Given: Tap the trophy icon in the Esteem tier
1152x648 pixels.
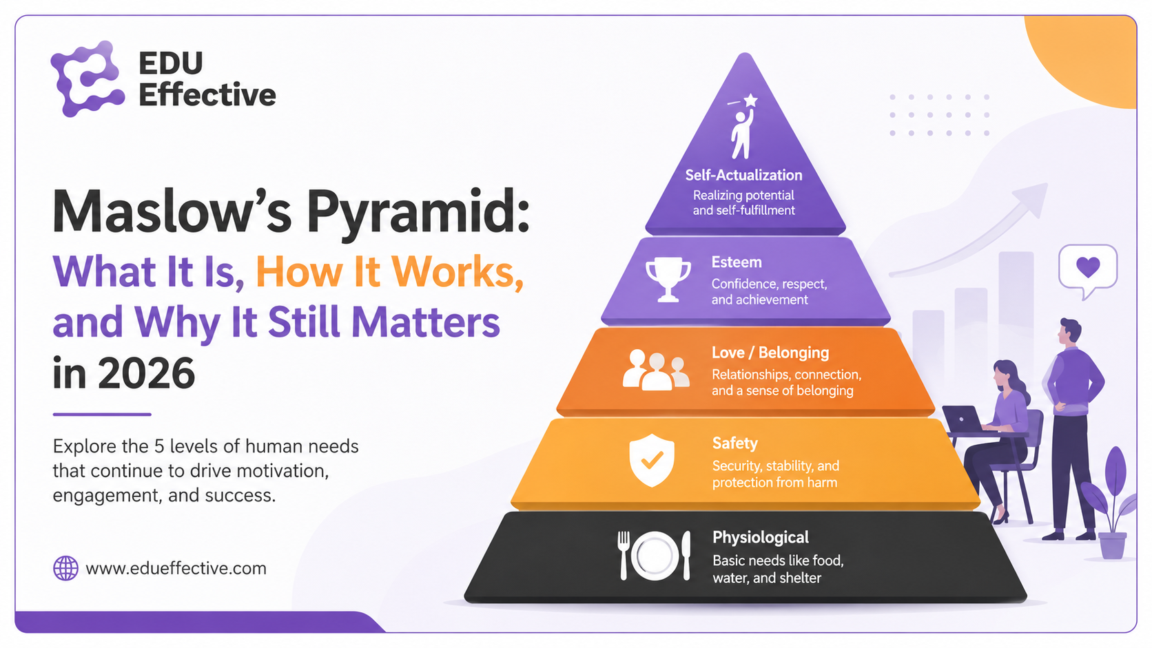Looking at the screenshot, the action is (668, 280).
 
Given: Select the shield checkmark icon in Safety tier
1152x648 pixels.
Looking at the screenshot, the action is (652, 461).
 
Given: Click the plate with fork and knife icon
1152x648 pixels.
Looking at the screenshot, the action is (654, 556).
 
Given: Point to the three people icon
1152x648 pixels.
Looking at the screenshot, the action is (656, 370).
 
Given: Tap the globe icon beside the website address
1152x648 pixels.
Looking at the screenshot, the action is (66, 568).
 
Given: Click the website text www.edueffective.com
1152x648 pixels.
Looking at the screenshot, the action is (176, 568).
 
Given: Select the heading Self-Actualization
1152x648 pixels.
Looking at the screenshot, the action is (743, 175).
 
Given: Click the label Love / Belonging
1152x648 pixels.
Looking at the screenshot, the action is (770, 353).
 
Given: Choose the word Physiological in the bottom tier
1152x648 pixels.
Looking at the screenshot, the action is (761, 538).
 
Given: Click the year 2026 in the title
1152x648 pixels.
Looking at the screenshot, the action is (147, 373).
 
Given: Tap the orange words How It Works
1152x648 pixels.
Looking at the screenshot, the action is (389, 272).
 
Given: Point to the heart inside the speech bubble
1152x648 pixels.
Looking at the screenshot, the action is (1088, 266).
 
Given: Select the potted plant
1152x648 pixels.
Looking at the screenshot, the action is (1110, 503).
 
